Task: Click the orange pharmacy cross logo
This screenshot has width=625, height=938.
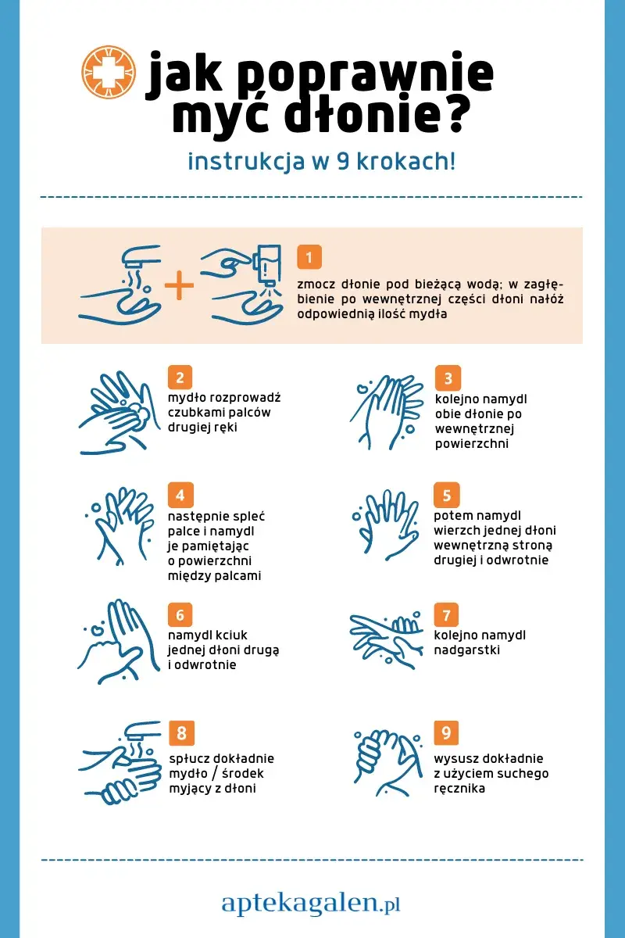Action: tap(109, 72)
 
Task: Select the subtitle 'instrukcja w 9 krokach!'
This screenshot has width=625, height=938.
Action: tap(322, 162)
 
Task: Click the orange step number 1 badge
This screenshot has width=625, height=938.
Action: tap(309, 256)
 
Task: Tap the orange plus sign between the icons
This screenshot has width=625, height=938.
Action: tap(179, 285)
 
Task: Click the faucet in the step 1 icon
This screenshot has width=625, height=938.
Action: tap(141, 256)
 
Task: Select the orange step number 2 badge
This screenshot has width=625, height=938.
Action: tap(180, 378)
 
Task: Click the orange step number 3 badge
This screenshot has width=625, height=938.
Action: tap(448, 378)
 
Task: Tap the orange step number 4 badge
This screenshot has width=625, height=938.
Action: tap(180, 495)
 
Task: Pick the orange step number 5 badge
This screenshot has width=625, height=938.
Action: tap(447, 495)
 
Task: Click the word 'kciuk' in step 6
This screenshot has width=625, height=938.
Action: tap(231, 635)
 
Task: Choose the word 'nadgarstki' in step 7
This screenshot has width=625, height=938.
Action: tap(466, 650)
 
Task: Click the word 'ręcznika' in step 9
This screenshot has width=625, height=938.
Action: tap(459, 789)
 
